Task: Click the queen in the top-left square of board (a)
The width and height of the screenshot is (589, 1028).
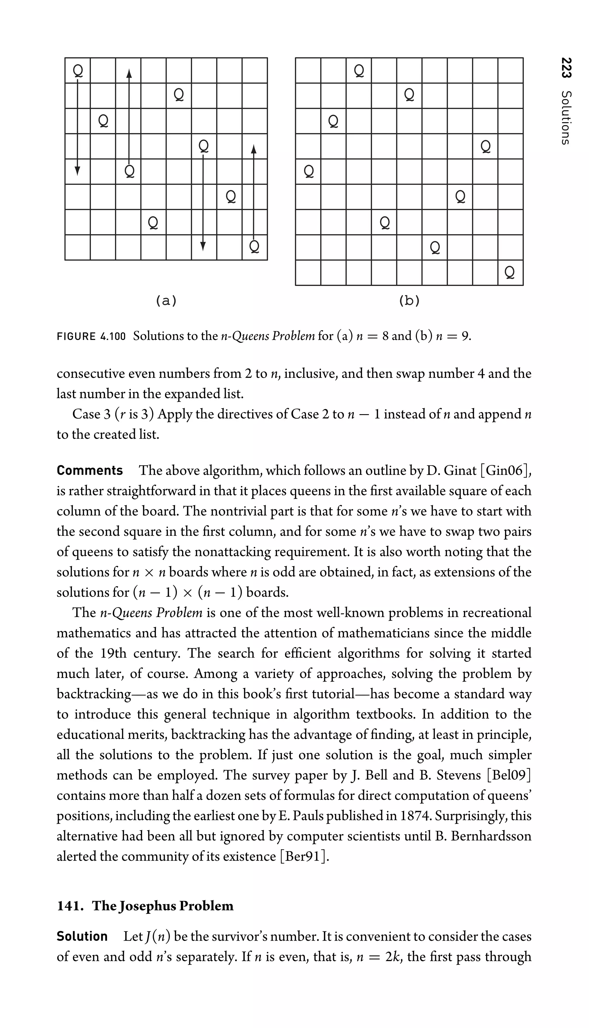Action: click(78, 70)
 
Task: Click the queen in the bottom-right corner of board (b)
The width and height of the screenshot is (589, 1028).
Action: click(510, 273)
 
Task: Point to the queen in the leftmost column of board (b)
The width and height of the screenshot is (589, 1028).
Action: click(308, 171)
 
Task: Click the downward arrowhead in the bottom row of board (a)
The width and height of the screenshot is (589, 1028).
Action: click(203, 245)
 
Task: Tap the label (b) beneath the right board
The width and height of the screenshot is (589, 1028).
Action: click(409, 301)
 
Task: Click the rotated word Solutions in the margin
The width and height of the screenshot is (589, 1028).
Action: click(566, 117)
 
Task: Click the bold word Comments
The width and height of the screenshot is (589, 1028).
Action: click(89, 470)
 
